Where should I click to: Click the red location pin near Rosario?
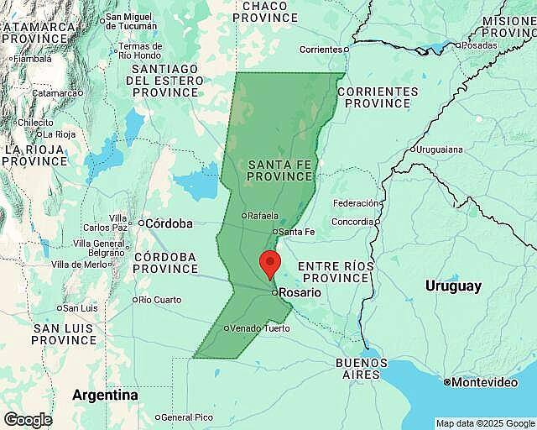(x=269, y=263)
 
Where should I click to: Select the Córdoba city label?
(x=169, y=223)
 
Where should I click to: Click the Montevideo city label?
(x=484, y=382)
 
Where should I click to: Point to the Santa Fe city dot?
(x=275, y=232)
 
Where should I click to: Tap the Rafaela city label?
(x=263, y=215)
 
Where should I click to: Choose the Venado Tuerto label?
(x=260, y=328)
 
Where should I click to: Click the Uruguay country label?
(x=453, y=286)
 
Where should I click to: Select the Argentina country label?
(x=105, y=395)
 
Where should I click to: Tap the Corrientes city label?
(x=321, y=50)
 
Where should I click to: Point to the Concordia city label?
(x=352, y=222)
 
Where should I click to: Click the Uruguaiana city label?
(x=440, y=149)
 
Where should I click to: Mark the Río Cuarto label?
(x=159, y=300)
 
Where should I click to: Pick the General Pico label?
(x=186, y=417)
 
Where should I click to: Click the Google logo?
(x=27, y=419)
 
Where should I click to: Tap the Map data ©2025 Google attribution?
(x=484, y=423)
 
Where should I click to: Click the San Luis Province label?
(x=64, y=333)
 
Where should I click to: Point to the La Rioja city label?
(x=60, y=134)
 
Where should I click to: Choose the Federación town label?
(x=356, y=203)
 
